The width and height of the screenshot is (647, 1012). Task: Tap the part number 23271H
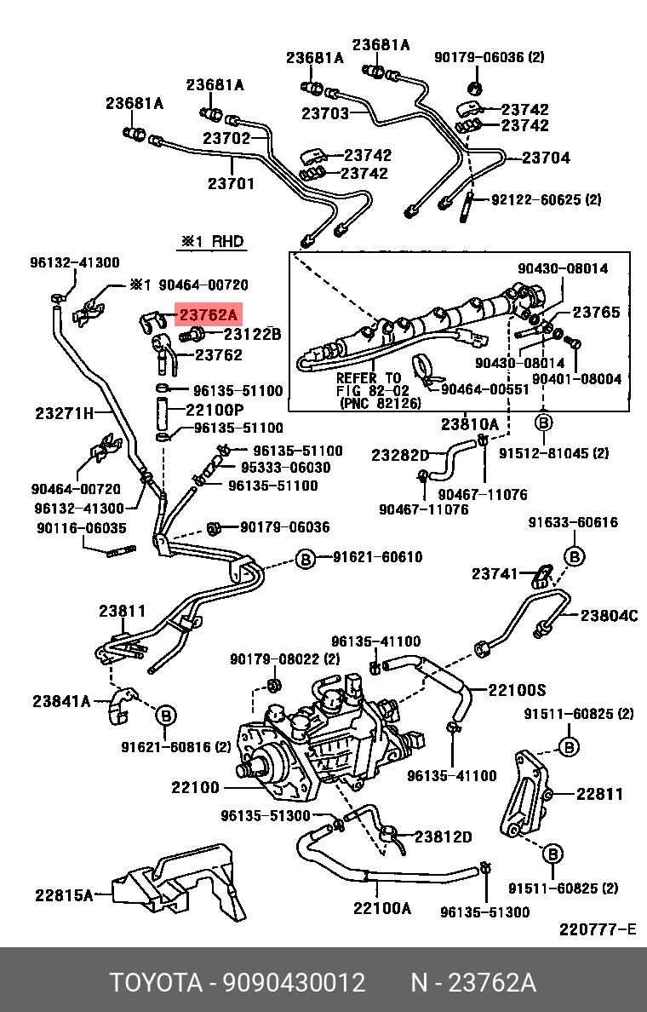click(65, 414)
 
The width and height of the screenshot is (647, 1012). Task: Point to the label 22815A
click(64, 895)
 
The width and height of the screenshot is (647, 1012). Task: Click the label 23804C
click(610, 616)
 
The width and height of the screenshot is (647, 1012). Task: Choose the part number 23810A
click(469, 424)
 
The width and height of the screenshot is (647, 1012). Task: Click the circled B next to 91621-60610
click(305, 558)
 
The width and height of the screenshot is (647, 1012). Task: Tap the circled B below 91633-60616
click(575, 557)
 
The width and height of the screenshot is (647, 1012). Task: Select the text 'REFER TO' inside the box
click(368, 377)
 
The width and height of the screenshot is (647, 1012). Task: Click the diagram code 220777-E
click(598, 929)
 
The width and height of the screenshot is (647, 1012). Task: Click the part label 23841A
click(61, 701)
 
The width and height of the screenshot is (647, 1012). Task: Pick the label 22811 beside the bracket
click(599, 794)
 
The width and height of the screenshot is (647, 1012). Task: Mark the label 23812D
click(443, 837)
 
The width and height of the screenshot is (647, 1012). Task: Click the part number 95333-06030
click(284, 468)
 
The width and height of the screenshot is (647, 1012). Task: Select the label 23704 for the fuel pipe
click(546, 158)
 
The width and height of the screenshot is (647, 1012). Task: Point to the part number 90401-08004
click(577, 378)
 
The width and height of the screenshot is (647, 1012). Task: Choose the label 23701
click(231, 183)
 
